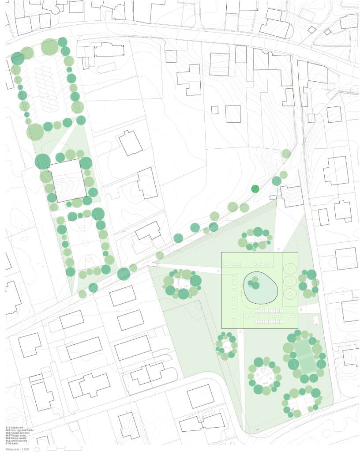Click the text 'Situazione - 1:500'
pyautogui.click(x=18, y=448)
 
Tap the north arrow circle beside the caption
pyautogui.click(x=40, y=448)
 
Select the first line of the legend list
pyautogui.click(x=15, y=428)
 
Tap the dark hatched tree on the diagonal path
pyautogui.click(x=255, y=188)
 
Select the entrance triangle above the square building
pyautogui.click(x=279, y=249)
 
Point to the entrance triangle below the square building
pyautogui.click(x=240, y=331)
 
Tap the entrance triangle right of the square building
pyautogui.click(x=301, y=310)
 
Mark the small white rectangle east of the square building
pyautogui.click(x=316, y=320)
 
